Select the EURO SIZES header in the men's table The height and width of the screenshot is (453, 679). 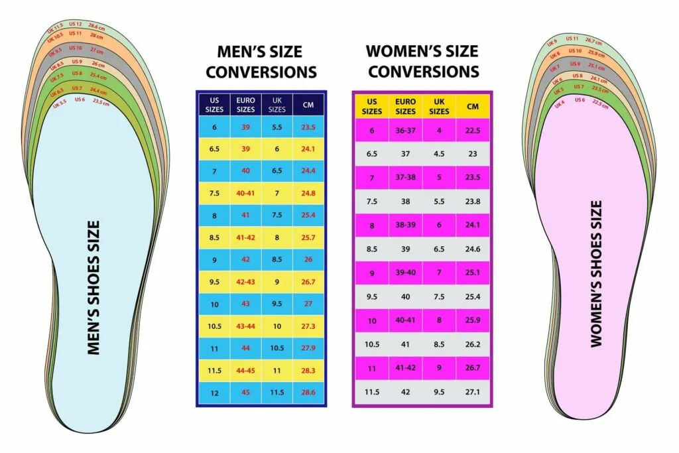[x=245, y=105]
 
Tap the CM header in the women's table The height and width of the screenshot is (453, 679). [x=473, y=106]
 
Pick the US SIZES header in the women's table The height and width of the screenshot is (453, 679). [x=372, y=106]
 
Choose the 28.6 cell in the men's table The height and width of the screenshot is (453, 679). [x=308, y=393]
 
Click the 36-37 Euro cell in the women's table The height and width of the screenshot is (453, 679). [x=405, y=130]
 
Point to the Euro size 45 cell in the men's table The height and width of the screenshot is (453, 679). [x=245, y=393]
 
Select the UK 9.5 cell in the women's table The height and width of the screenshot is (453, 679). [x=439, y=392]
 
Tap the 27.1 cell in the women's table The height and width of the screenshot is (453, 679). [x=473, y=392]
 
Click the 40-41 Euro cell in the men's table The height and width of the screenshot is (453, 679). [x=245, y=193]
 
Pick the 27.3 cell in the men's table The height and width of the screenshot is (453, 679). [x=308, y=326]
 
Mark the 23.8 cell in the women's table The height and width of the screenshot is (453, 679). [x=473, y=201]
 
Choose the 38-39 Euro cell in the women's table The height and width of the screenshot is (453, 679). [x=405, y=225]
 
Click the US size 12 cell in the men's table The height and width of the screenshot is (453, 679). [x=214, y=393]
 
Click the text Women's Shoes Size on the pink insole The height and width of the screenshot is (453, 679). [x=596, y=273]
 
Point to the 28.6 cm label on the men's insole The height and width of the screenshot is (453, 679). [x=97, y=27]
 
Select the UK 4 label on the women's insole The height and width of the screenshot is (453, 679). [x=559, y=104]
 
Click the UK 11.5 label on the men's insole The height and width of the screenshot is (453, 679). [x=54, y=29]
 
